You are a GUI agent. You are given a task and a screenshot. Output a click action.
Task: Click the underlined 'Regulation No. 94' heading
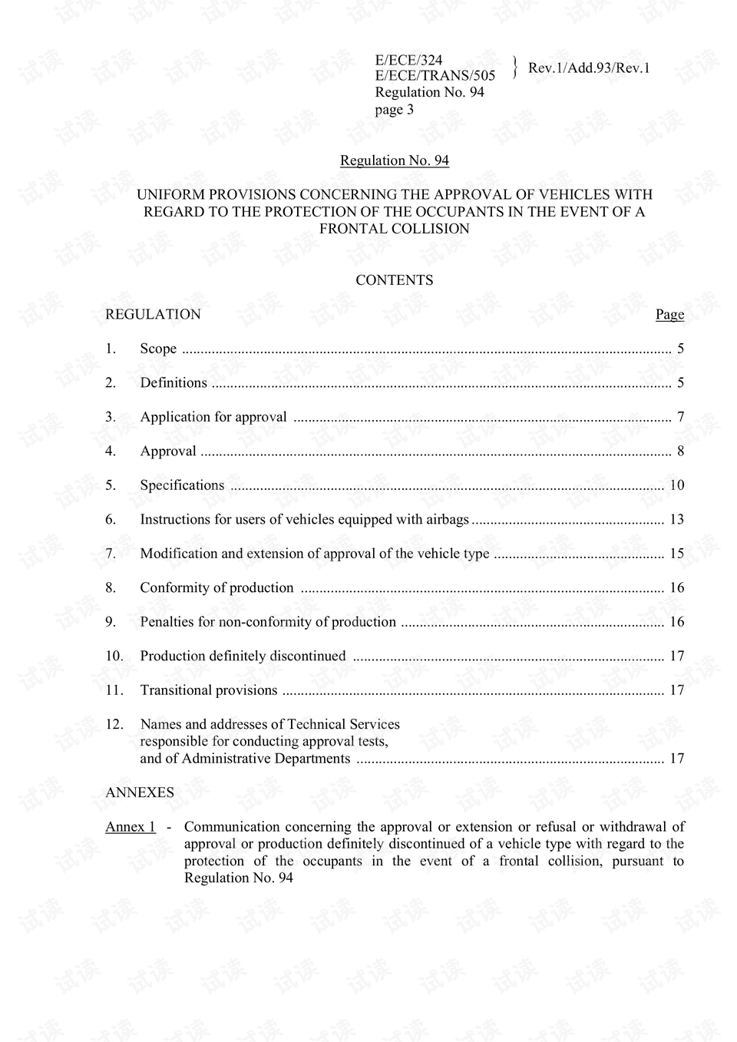tap(394, 160)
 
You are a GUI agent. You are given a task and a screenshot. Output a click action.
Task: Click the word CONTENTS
tap(394, 280)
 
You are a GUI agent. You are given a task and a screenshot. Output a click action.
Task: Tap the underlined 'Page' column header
tap(669, 314)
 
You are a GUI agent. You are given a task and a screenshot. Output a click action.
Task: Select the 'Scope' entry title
tap(158, 349)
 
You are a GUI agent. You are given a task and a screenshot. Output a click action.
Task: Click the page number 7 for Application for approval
tap(680, 417)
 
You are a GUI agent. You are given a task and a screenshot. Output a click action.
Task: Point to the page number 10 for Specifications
tap(676, 485)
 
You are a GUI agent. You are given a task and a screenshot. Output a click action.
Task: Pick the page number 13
tap(676, 520)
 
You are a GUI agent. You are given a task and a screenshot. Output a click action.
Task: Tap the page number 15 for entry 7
tap(676, 554)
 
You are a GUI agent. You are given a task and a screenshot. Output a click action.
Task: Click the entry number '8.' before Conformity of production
tap(111, 588)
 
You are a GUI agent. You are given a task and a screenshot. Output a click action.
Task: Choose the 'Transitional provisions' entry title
tap(209, 690)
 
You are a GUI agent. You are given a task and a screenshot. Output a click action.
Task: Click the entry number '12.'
tap(114, 724)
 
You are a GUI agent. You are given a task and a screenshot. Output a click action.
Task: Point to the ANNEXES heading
tap(140, 792)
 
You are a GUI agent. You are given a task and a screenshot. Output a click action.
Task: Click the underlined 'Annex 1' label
tap(131, 827)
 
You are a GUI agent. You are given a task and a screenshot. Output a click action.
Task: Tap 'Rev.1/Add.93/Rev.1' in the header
tap(589, 68)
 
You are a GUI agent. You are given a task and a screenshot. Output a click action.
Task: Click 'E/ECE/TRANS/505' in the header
tap(435, 75)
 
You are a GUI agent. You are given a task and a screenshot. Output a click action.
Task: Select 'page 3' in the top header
tap(395, 109)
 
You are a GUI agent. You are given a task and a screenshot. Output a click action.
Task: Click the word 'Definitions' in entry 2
tap(174, 382)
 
